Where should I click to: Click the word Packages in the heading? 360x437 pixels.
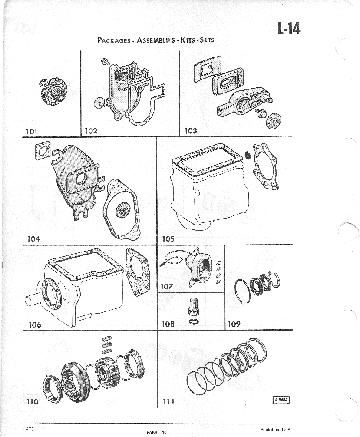point(114,40)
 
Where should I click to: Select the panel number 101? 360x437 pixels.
point(33,130)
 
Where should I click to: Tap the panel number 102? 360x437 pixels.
point(91,130)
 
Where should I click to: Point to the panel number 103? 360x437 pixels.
point(190,130)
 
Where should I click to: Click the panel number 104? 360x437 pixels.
point(33,238)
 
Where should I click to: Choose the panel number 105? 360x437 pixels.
point(168,238)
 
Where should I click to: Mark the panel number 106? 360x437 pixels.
point(35,324)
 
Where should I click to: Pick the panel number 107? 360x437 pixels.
point(167,286)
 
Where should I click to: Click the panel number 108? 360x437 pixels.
point(168,324)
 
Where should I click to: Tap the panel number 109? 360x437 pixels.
point(234,324)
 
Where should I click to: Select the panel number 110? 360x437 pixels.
point(33,402)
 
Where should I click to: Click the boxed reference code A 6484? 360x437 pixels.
point(281,400)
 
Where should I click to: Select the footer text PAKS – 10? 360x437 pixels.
point(157,432)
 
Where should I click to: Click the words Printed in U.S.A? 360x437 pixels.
point(275,430)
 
